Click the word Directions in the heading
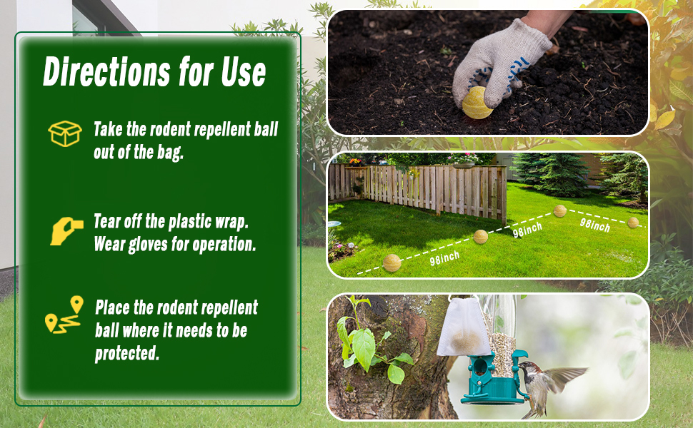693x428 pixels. point(106,71)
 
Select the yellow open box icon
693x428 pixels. point(65,133)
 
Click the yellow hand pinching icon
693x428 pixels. point(66,231)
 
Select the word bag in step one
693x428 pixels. point(170,153)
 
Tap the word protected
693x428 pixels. point(127,353)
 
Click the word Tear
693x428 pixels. point(106,221)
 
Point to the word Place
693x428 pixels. point(112,307)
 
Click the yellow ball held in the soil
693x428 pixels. point(477,103)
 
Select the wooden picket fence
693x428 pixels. point(418,190)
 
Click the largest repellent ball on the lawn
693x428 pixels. point(392,263)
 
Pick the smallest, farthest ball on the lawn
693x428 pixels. point(633,222)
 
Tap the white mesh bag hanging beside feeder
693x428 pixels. point(464,327)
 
